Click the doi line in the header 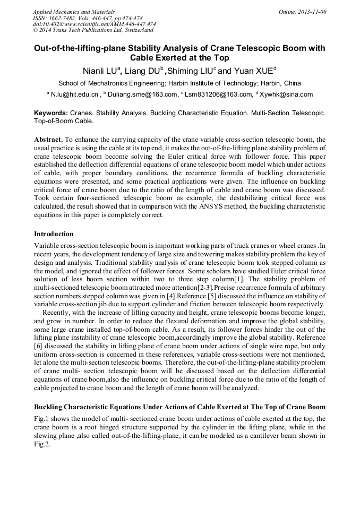(94, 24)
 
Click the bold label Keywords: (51, 113)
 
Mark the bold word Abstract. (49, 139)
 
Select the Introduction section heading (54, 234)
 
